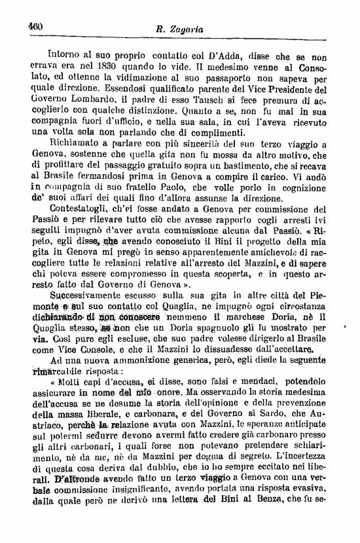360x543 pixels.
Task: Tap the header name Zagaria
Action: [184, 28]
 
